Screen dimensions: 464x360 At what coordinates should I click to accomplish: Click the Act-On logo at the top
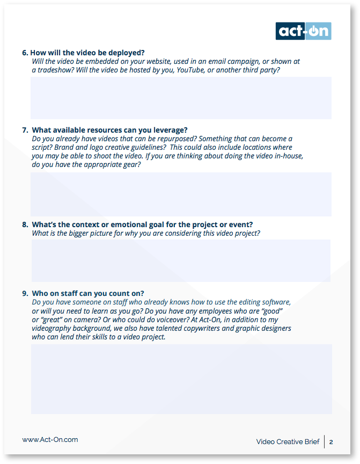303,31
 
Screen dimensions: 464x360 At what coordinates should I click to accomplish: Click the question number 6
25,53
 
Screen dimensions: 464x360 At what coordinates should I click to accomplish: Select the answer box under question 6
181,98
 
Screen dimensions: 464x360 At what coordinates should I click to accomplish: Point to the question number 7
25,130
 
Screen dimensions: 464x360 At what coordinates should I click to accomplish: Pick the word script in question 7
42,147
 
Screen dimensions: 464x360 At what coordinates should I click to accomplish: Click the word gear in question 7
131,164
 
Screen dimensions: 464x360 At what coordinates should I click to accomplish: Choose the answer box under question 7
181,194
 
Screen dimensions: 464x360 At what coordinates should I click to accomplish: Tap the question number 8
25,224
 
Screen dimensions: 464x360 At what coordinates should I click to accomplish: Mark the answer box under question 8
181,260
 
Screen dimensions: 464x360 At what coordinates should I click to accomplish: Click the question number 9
25,293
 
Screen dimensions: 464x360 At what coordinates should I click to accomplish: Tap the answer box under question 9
181,379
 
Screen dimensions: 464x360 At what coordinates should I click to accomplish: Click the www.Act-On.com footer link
50,439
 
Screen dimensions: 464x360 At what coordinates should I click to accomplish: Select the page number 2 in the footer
331,442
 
